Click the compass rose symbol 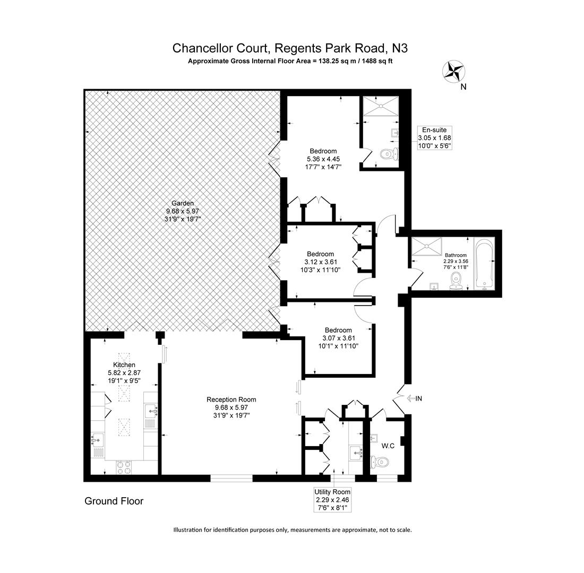tap(454, 72)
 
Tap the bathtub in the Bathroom tap(484, 264)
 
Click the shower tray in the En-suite tap(380, 106)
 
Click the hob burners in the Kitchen tap(124, 467)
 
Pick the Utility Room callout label tap(332, 500)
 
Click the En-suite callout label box tap(434, 138)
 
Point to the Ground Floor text tap(114, 501)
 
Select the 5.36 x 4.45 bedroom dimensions tap(323, 159)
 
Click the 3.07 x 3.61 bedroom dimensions tap(338, 338)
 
